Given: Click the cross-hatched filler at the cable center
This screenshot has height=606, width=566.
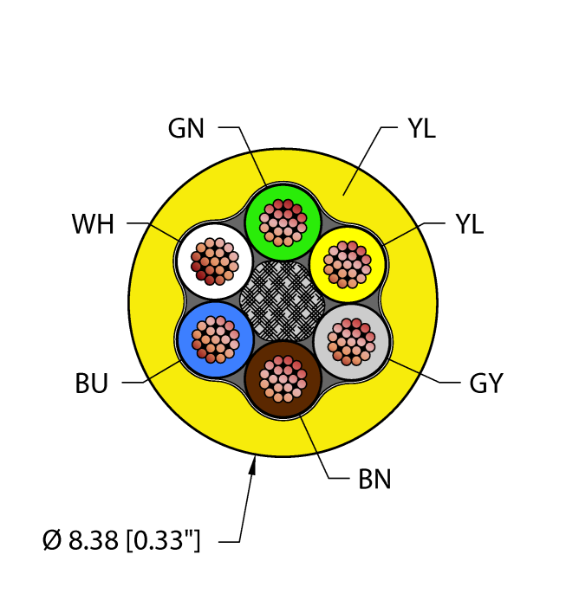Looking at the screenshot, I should click(x=283, y=300).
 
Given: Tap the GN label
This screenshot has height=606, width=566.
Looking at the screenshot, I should click(x=187, y=129).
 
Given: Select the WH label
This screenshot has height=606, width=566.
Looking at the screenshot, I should click(x=94, y=226).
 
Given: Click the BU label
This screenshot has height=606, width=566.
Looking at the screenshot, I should click(x=90, y=384).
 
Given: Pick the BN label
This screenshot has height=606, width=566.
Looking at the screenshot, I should click(x=374, y=479).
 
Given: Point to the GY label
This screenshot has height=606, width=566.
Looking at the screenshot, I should click(x=485, y=384).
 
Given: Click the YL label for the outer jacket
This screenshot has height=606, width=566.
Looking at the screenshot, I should click(x=421, y=129).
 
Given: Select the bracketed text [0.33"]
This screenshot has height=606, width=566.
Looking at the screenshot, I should click(x=165, y=542).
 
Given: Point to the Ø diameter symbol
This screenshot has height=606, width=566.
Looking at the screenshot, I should click(x=51, y=542).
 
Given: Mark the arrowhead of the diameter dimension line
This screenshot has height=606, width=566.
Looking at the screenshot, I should click(x=254, y=468).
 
